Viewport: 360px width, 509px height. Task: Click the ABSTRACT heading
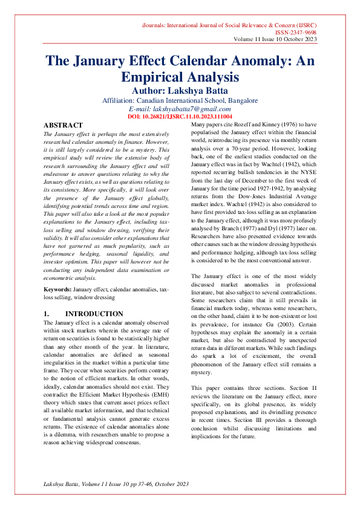[63, 125]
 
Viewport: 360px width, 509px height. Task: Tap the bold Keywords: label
[57, 290]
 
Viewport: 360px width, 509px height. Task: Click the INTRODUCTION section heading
[94, 314]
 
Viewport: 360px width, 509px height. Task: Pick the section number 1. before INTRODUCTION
[47, 314]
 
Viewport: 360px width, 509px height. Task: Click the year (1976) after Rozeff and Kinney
[278, 123]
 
